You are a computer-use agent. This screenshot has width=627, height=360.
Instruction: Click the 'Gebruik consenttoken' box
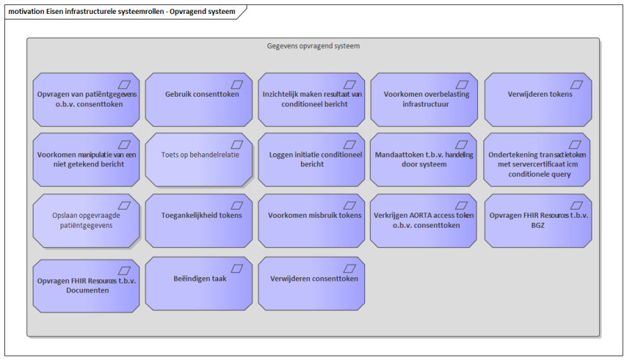pyautogui.click(x=199, y=100)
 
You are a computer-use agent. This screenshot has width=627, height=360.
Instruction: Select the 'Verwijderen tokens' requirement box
pyautogui.click(x=539, y=100)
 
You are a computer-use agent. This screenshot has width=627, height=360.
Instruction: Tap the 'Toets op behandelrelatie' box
pyautogui.click(x=199, y=160)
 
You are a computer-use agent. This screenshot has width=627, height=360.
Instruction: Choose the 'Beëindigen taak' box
pyautogui.click(x=199, y=283)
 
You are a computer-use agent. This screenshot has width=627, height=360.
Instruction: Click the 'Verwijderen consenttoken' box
pyautogui.click(x=311, y=283)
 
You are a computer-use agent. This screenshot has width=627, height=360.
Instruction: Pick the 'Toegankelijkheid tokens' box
pyautogui.click(x=199, y=221)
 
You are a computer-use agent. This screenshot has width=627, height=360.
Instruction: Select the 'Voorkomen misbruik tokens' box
pyautogui.click(x=311, y=221)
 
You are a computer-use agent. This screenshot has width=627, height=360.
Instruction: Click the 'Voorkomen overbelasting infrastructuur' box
pyautogui.click(x=424, y=100)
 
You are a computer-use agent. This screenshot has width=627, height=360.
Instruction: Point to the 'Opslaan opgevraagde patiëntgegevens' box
pyautogui.click(x=86, y=221)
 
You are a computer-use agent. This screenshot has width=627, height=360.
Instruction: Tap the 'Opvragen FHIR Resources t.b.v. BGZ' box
pyautogui.click(x=539, y=221)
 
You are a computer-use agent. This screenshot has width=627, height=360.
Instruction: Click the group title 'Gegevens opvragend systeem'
pyautogui.click(x=313, y=46)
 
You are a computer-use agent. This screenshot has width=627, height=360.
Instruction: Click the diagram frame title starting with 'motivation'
pyautogui.click(x=122, y=12)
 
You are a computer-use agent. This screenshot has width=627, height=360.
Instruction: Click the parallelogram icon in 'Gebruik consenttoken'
pyautogui.click(x=237, y=85)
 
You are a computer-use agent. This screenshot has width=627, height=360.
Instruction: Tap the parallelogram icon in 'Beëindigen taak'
pyautogui.click(x=237, y=269)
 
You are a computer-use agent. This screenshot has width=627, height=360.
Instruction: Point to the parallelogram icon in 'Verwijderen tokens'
pyautogui.click(x=576, y=85)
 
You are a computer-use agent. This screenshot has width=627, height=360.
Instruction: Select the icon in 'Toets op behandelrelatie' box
pyautogui.click(x=237, y=145)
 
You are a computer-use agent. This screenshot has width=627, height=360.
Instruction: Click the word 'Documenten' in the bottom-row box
pyautogui.click(x=88, y=290)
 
